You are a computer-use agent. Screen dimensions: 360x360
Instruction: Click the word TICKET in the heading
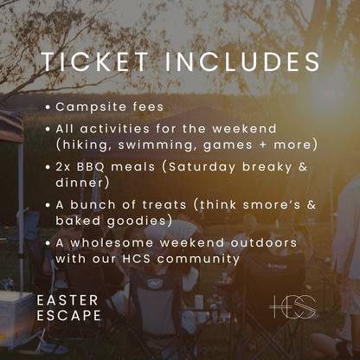99,63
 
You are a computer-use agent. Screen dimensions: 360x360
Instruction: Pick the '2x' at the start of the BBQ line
65,165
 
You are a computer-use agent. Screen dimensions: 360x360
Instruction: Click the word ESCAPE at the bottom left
68,316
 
